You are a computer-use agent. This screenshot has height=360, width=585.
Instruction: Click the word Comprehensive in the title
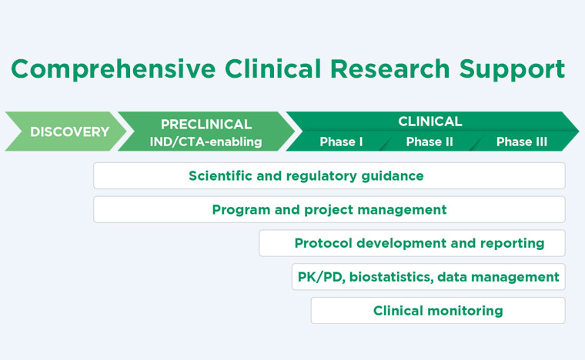tap(113, 69)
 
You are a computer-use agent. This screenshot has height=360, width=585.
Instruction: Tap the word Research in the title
tap(390, 68)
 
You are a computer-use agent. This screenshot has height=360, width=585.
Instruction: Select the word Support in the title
tap(512, 69)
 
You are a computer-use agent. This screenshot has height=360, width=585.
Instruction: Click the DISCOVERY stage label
tap(70, 132)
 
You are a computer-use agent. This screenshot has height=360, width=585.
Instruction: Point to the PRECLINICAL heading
tap(206, 124)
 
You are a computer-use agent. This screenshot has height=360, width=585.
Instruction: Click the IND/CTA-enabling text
tap(206, 142)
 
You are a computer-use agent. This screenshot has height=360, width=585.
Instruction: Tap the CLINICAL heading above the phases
tap(430, 121)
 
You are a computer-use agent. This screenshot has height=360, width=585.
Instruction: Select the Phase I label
tap(341, 142)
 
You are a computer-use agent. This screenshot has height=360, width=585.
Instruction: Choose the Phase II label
tap(430, 142)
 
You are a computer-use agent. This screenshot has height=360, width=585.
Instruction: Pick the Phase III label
tap(522, 142)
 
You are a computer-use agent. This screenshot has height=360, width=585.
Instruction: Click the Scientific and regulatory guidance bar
tap(329, 175)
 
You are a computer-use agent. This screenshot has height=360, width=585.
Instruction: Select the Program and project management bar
tap(329, 209)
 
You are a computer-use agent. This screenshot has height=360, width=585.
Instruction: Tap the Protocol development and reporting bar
tap(413, 243)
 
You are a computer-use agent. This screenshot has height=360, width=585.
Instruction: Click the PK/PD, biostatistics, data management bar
tap(429, 277)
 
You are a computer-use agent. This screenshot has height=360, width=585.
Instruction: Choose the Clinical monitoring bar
tap(438, 311)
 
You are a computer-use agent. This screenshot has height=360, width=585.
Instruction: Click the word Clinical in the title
tap(272, 68)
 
